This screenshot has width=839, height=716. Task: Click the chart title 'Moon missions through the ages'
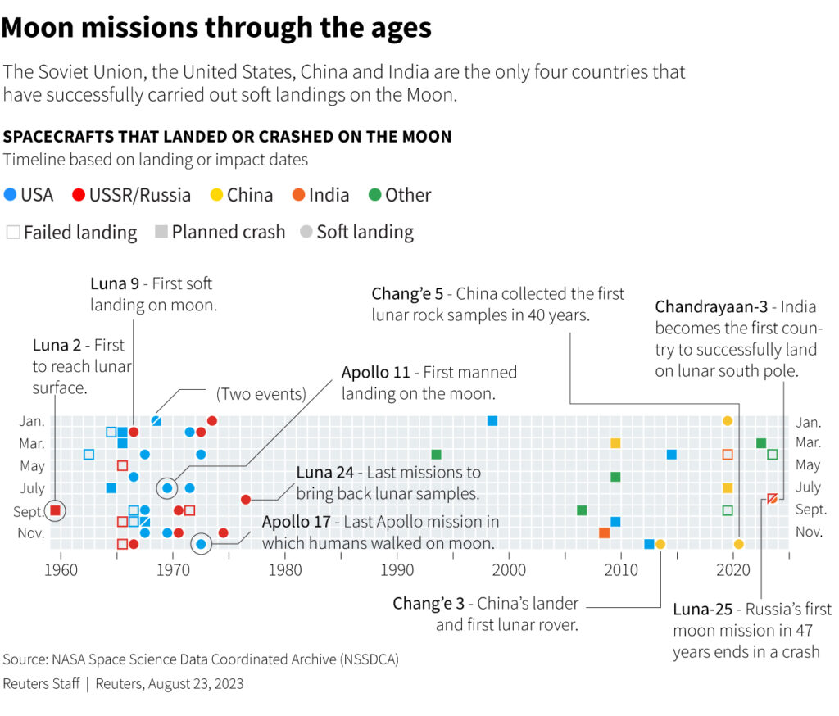(x=216, y=28)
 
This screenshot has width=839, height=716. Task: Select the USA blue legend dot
(x=10, y=195)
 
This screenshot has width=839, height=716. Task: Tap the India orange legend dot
(x=299, y=195)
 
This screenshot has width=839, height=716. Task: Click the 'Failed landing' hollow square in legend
(x=12, y=233)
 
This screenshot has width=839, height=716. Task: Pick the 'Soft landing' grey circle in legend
(x=306, y=233)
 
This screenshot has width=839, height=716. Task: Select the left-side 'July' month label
(x=32, y=487)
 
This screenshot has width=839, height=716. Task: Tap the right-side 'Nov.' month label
(x=808, y=532)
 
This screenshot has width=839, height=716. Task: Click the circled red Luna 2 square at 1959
(x=55, y=510)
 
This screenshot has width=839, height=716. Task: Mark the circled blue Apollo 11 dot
(x=167, y=488)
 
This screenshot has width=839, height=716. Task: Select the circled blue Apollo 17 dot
(x=201, y=543)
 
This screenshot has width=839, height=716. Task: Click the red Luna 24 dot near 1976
(x=246, y=499)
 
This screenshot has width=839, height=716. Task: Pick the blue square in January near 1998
(x=492, y=421)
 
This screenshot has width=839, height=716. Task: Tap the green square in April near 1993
(x=436, y=455)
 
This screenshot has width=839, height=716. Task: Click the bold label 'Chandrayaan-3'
(x=711, y=307)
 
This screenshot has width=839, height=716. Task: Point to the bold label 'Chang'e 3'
(x=428, y=604)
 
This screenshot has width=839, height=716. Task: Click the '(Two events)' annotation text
(x=261, y=394)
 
